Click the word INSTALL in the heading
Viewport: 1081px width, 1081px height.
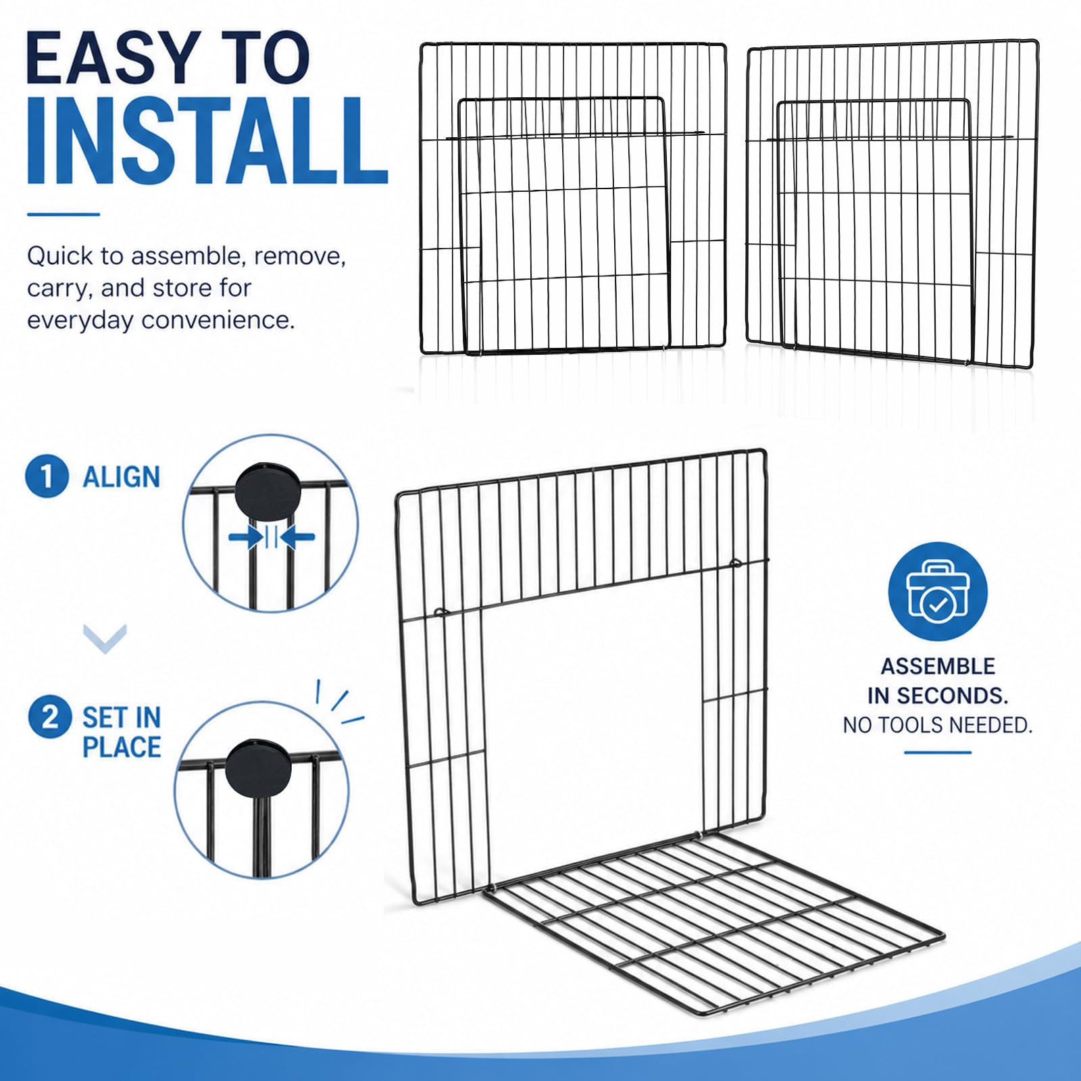(x=207, y=141)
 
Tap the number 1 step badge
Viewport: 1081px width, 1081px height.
(x=47, y=476)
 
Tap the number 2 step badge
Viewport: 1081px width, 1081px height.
(x=49, y=717)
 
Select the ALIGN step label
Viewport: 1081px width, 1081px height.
(x=122, y=477)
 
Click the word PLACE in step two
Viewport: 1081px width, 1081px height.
(x=122, y=747)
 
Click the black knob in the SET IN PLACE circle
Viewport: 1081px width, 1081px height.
(x=258, y=767)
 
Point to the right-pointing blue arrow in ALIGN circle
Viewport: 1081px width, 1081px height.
(x=245, y=538)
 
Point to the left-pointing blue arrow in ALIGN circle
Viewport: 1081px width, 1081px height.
(x=297, y=538)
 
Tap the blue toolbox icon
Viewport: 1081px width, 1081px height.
(x=938, y=592)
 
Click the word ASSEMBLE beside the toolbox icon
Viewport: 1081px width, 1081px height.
(x=938, y=666)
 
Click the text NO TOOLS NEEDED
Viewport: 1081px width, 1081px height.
(x=938, y=725)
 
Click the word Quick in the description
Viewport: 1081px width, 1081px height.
(x=59, y=257)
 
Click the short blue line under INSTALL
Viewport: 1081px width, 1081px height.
(x=64, y=215)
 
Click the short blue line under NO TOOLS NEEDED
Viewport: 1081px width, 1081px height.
(x=938, y=752)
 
